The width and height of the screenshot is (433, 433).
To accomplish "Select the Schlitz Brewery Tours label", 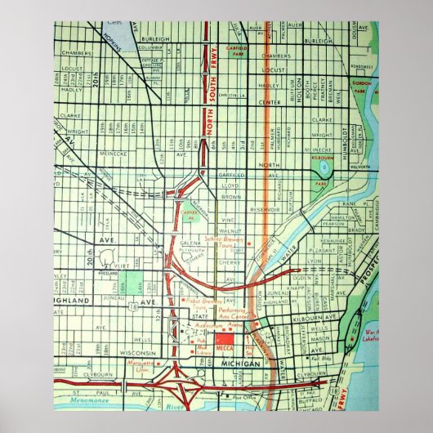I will tap(218, 243).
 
